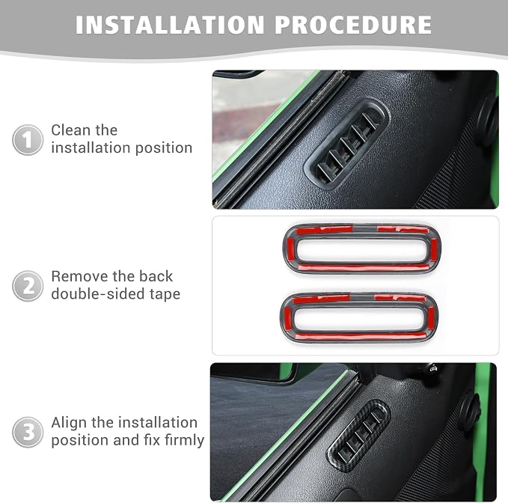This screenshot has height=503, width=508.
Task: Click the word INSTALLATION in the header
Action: click(170, 25)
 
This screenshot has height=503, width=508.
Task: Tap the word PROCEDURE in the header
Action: click(353, 25)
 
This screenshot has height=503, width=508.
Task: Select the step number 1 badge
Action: click(28, 140)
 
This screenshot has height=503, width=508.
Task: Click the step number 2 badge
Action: click(28, 286)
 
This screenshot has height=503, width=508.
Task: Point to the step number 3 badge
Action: click(28, 432)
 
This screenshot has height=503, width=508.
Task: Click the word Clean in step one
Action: click(70, 130)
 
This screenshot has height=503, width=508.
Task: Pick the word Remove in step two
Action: click(79, 276)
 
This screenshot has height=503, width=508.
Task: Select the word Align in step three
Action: click(69, 422)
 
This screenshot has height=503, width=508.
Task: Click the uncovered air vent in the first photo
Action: click(346, 144)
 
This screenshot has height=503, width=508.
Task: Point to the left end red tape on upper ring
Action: click(290, 249)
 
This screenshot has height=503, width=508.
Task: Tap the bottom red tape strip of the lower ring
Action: click(360, 336)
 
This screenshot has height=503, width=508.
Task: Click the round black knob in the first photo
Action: click(487, 121)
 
